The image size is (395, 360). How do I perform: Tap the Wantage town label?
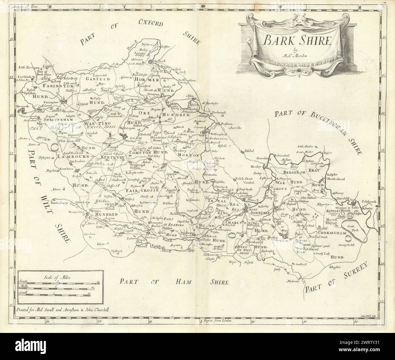[129, 142]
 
